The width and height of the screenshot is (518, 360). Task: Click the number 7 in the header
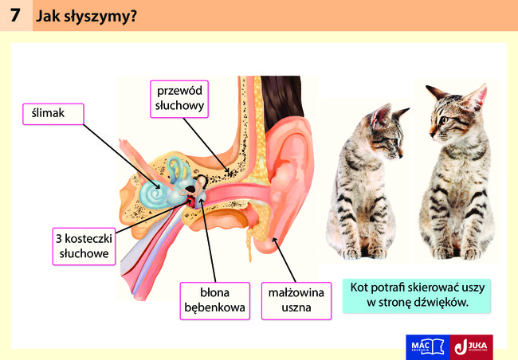15,15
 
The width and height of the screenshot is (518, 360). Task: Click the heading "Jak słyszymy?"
86,16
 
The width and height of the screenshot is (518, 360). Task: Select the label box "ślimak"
53,114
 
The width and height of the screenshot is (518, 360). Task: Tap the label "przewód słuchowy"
179,99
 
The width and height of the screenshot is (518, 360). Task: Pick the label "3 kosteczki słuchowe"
84,246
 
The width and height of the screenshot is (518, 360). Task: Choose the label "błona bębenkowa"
214,301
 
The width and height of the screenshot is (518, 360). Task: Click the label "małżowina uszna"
296,301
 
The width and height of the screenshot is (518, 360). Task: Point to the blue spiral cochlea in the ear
153,194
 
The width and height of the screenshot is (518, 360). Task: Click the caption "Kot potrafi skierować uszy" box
417,295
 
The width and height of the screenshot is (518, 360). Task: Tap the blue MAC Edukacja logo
428,347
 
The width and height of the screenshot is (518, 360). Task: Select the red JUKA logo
472,347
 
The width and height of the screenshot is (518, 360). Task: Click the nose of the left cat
401,154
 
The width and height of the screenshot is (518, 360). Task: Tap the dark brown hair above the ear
281,99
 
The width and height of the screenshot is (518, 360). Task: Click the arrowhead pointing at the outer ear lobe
273,240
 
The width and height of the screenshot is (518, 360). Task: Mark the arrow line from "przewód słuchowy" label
206,146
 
